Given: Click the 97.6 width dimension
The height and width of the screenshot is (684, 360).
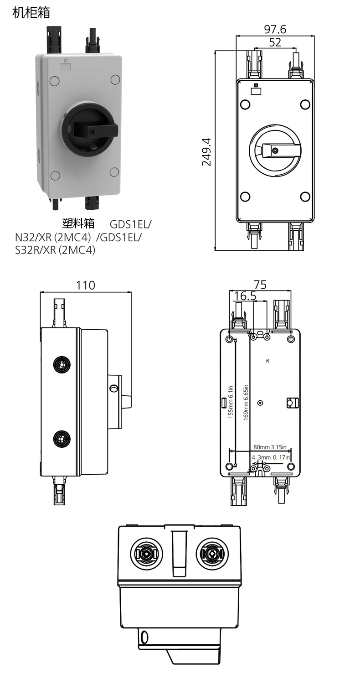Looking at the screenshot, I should [275, 30].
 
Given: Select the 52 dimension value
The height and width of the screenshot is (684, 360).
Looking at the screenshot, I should [275, 42].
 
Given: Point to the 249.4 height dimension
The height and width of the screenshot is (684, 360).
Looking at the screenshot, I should [206, 151].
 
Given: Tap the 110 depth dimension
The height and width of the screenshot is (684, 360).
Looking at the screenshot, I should [85, 285].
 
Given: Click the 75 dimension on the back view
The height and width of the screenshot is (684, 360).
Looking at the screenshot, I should [260, 285].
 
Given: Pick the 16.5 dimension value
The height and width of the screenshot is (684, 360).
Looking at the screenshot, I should [245, 296].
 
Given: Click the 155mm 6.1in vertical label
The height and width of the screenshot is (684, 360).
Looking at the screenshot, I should [231, 402].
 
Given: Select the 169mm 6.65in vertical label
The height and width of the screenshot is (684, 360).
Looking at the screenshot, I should [246, 402].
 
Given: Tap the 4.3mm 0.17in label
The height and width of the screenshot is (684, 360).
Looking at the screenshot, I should [271, 457].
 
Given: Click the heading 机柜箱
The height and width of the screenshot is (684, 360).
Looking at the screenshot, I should [31, 13].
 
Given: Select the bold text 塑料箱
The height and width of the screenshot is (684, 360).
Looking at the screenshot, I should [78, 223].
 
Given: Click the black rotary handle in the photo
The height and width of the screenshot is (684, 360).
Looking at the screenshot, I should [92, 130].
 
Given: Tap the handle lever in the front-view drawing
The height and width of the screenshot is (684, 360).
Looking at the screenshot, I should [278, 150].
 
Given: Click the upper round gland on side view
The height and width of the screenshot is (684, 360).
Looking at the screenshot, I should [61, 364].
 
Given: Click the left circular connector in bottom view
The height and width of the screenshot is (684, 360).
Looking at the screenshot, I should [146, 554].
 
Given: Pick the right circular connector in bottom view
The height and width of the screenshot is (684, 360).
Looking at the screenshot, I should [212, 554].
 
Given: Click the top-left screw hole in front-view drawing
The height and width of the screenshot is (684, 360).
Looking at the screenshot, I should [245, 104].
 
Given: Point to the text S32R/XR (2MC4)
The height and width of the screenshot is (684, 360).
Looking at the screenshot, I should [55, 250].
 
